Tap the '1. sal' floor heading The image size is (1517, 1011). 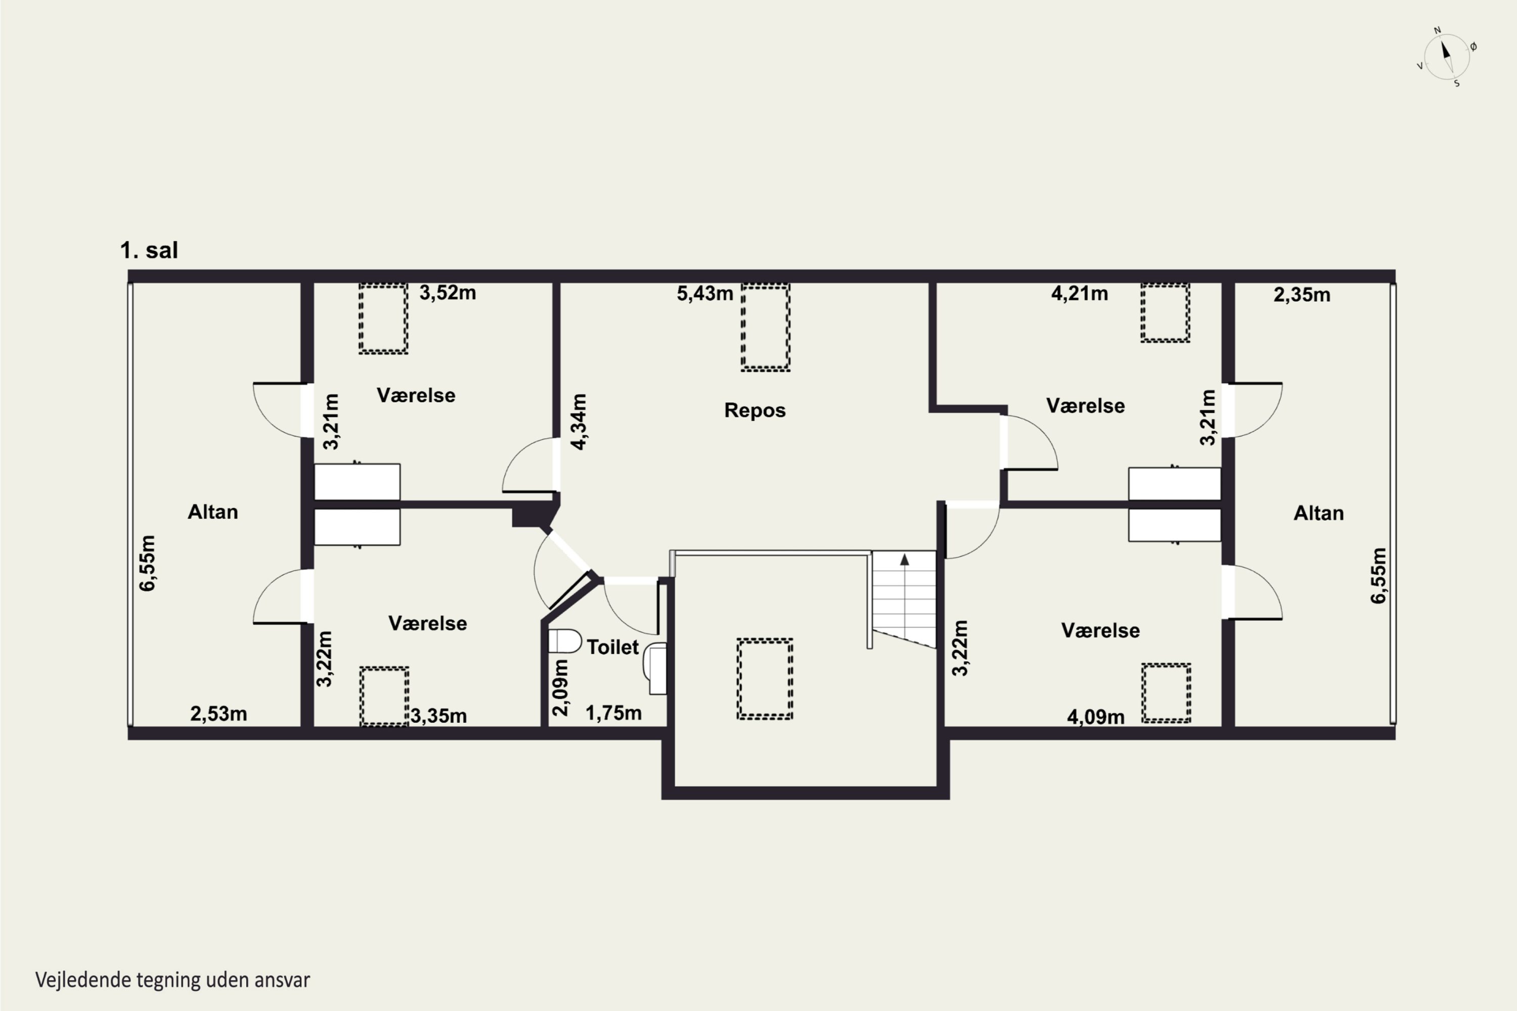click(x=149, y=250)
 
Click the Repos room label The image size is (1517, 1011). click(x=754, y=410)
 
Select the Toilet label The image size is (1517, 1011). click(x=612, y=647)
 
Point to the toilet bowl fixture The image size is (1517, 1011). click(x=564, y=641)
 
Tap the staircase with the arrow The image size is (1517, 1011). click(x=904, y=599)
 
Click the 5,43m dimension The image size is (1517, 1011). click(x=704, y=293)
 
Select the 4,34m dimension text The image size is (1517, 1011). click(x=579, y=422)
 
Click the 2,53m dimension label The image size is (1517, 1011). click(x=218, y=713)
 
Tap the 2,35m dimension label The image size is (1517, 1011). click(x=1302, y=295)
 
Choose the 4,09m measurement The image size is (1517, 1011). click(x=1095, y=716)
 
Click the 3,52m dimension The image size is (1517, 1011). click(x=448, y=293)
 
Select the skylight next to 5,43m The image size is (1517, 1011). click(x=766, y=328)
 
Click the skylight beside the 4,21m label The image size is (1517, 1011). click(x=1165, y=313)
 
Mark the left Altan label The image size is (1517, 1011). click(x=213, y=512)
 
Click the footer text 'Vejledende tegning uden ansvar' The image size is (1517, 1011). click(x=172, y=980)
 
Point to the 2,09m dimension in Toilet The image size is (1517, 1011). click(x=560, y=688)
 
